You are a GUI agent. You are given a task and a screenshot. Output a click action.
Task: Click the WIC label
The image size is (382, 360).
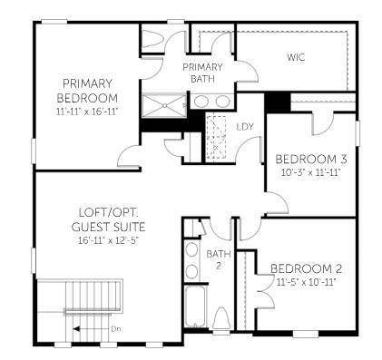click(x=295, y=58)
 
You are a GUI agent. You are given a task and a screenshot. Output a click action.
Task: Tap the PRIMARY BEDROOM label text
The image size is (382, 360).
click(x=87, y=91)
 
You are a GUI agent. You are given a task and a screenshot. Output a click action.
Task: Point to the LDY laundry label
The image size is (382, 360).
click(x=245, y=127)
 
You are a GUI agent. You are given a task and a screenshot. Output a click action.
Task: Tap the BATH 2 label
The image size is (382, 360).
click(x=219, y=259)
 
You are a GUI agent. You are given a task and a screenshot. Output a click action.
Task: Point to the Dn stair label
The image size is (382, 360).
click(x=115, y=328)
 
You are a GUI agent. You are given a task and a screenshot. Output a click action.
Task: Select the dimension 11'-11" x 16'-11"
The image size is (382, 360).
click(x=87, y=111)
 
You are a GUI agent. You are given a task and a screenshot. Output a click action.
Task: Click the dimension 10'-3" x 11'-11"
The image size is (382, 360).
click(x=309, y=172)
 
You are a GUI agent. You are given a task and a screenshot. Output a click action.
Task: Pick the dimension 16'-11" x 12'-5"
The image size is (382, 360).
click(x=113, y=240)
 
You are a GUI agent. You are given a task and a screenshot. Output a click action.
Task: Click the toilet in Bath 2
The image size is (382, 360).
click(x=221, y=320)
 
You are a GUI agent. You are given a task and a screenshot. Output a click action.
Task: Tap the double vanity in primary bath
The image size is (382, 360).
click(x=211, y=102)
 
